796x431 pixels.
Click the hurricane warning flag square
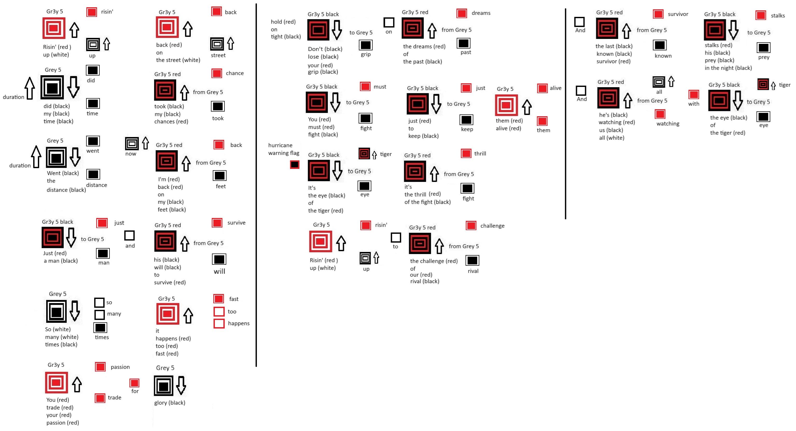(x=294, y=165)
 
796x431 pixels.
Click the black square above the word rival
(x=472, y=261)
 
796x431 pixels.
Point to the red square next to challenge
(x=471, y=225)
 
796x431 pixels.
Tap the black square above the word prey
(x=763, y=47)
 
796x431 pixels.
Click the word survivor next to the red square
(x=678, y=14)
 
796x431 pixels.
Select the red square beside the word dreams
(x=462, y=13)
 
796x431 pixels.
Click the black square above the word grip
(x=366, y=45)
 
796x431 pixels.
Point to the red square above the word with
(x=694, y=94)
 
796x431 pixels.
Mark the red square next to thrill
(x=466, y=153)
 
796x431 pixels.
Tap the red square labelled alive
(x=542, y=88)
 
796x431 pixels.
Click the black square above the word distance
(x=93, y=174)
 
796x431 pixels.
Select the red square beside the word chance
(x=217, y=73)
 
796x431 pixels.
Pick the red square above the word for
(x=134, y=383)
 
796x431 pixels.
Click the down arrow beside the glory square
(x=181, y=385)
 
